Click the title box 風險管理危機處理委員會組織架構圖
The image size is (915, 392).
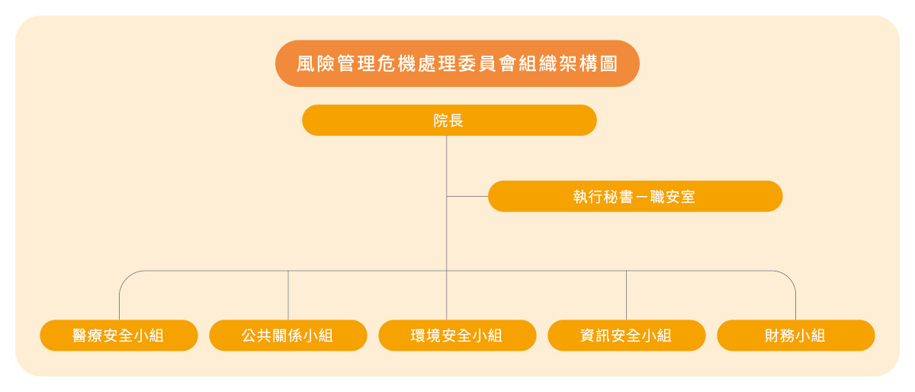[x=457, y=63]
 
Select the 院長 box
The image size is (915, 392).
[x=449, y=120]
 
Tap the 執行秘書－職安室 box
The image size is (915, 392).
[x=635, y=196]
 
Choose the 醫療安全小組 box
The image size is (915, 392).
[x=119, y=335]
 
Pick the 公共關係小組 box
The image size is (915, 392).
[x=288, y=335]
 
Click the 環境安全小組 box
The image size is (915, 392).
[x=457, y=335]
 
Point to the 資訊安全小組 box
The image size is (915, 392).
[x=626, y=335]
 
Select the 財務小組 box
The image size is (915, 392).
[x=796, y=335]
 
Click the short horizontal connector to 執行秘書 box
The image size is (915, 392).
[x=467, y=196]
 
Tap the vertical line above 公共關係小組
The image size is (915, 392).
[x=288, y=295]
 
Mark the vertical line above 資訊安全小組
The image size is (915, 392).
[x=626, y=295]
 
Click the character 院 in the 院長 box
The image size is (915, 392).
[x=441, y=120]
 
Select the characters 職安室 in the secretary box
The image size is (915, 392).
[x=673, y=197]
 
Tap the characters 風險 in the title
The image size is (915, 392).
[x=316, y=64]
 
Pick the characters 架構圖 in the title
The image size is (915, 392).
[x=588, y=64]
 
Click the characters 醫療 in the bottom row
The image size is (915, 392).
[x=88, y=336]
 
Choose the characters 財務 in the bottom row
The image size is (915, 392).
[x=780, y=336]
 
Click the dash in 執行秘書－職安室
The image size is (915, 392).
[x=642, y=197]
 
